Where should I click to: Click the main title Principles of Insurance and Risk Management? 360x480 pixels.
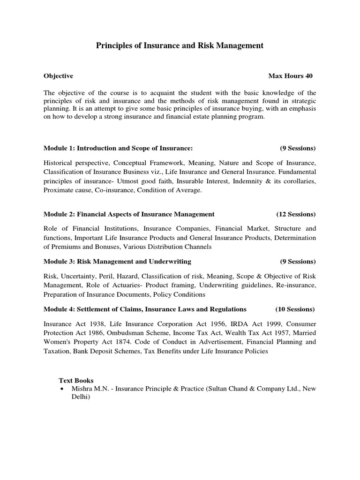[x=180, y=45]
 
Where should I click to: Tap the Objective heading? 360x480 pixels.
[x=58, y=75]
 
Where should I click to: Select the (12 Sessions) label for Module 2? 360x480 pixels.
[x=296, y=214]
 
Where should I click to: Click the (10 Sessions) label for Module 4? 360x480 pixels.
[x=295, y=309]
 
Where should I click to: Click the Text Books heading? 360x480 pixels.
[x=76, y=381]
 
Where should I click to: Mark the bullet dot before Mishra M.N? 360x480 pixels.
[x=62, y=389]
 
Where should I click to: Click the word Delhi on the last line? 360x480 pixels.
[x=80, y=397]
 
